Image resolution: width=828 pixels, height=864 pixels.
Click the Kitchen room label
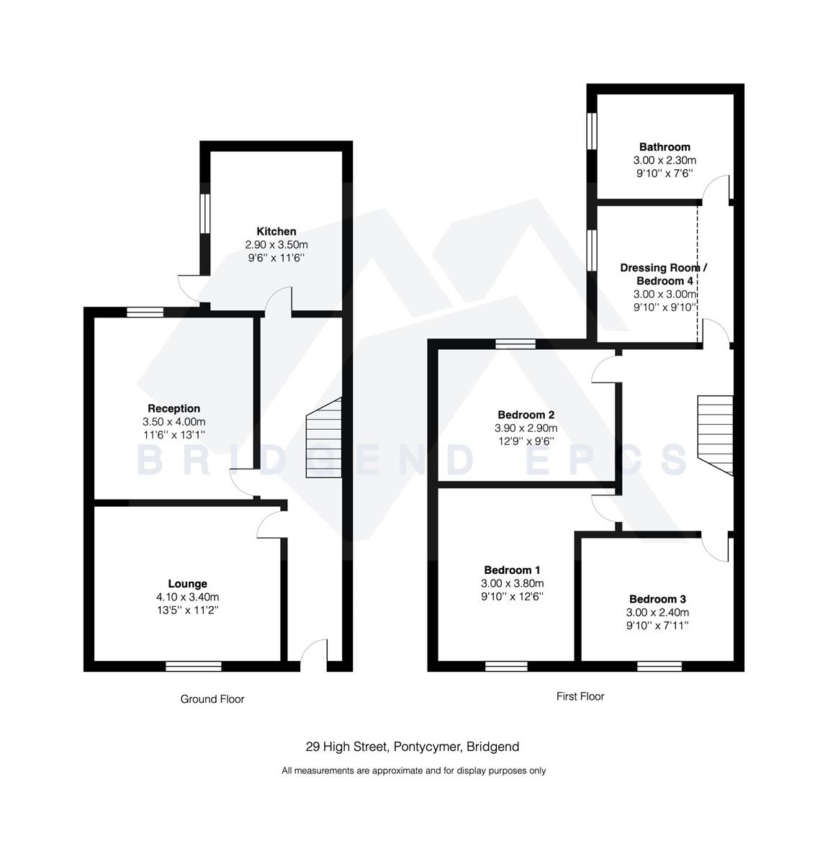tap(276, 231)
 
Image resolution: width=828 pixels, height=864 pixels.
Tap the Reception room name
tap(174, 408)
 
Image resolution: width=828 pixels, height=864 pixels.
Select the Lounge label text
tap(187, 584)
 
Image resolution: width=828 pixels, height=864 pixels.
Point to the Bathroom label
tap(665, 147)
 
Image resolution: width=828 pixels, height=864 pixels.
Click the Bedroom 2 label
tap(526, 415)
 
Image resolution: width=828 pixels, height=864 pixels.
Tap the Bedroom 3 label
tap(657, 599)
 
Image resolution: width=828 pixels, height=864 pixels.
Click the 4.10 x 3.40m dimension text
tap(187, 597)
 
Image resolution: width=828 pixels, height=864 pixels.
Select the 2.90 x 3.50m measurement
tap(276, 245)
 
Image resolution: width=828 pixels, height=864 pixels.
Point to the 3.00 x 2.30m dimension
tap(665, 161)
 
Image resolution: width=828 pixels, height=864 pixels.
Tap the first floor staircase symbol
tap(715, 434)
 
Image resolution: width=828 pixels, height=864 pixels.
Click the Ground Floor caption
tap(212, 699)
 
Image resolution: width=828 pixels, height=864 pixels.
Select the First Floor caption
tap(580, 696)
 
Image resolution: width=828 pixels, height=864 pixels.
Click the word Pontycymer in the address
tap(427, 747)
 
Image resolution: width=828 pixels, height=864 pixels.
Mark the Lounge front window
tap(193, 666)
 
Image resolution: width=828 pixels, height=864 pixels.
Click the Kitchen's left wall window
tap(204, 214)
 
